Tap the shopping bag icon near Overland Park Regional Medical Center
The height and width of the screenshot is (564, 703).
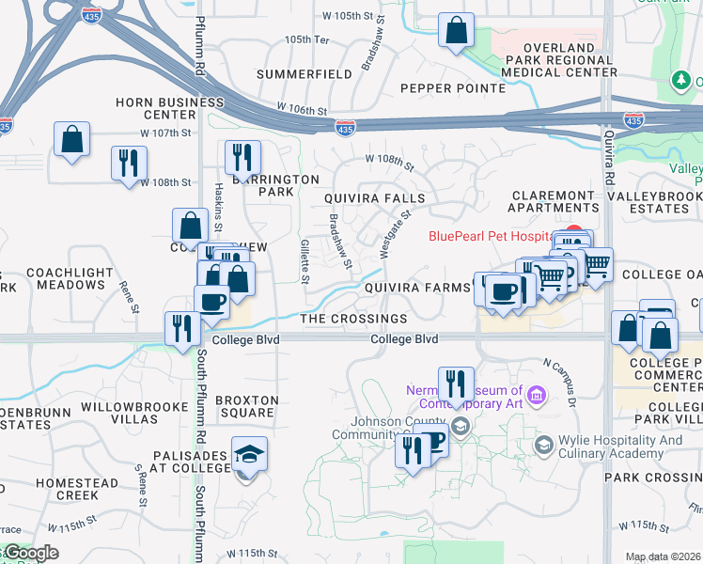(456, 31)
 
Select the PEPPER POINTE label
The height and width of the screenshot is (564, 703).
(453, 88)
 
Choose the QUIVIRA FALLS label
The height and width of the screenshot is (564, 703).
(375, 199)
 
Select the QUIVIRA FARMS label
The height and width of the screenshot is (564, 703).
(416, 288)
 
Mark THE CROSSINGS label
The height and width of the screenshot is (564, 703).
(353, 320)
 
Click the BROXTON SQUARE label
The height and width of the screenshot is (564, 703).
(246, 406)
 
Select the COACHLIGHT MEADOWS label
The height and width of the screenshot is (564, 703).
(71, 278)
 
